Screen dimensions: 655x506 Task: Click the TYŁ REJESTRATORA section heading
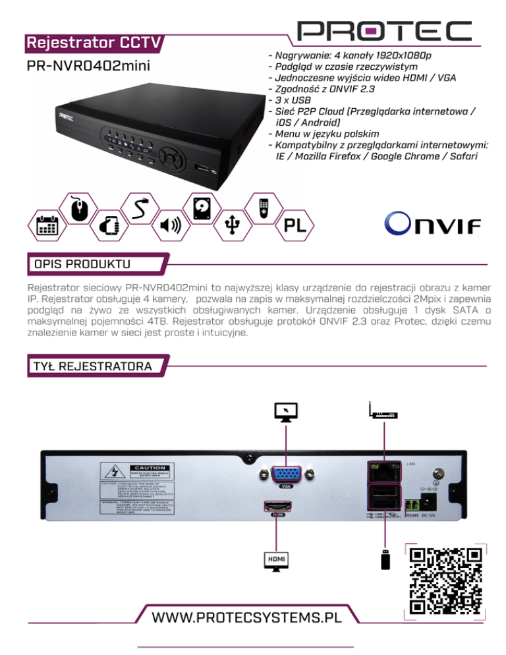coord(90,365)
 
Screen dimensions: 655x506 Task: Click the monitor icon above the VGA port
coord(287,413)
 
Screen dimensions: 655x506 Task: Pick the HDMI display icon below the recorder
coord(275,561)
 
